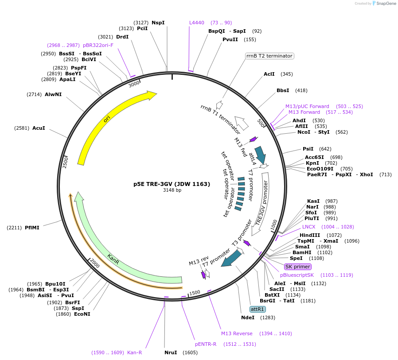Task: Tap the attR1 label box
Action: (258, 309)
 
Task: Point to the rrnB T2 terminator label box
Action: (270, 56)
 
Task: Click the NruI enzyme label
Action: (171, 352)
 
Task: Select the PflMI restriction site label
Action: (32, 228)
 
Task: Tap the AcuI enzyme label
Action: (39, 128)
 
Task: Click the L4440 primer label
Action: (197, 23)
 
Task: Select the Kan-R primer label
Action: (134, 352)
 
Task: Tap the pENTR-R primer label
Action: (206, 344)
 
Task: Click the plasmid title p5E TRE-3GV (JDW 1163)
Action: (172, 184)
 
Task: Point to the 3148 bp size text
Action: (172, 190)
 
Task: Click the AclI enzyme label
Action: (269, 74)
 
